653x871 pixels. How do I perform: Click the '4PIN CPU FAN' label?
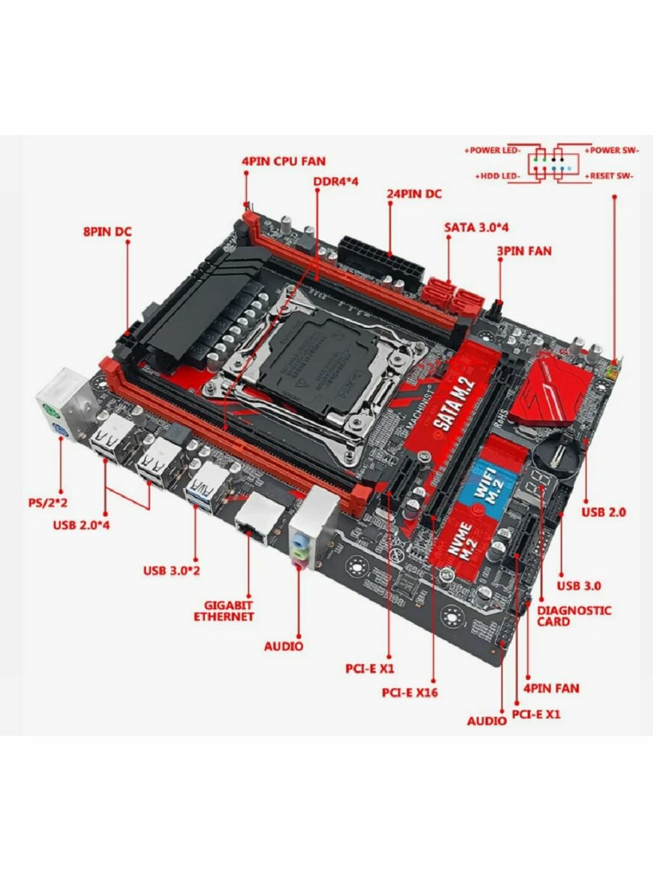pyautogui.click(x=284, y=161)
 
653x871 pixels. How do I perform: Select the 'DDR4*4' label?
pyautogui.click(x=337, y=181)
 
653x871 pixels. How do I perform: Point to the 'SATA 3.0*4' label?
pyautogui.click(x=476, y=227)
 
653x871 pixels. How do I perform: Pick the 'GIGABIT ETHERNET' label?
pyautogui.click(x=223, y=610)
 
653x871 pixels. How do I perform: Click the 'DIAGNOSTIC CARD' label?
pyautogui.click(x=574, y=616)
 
